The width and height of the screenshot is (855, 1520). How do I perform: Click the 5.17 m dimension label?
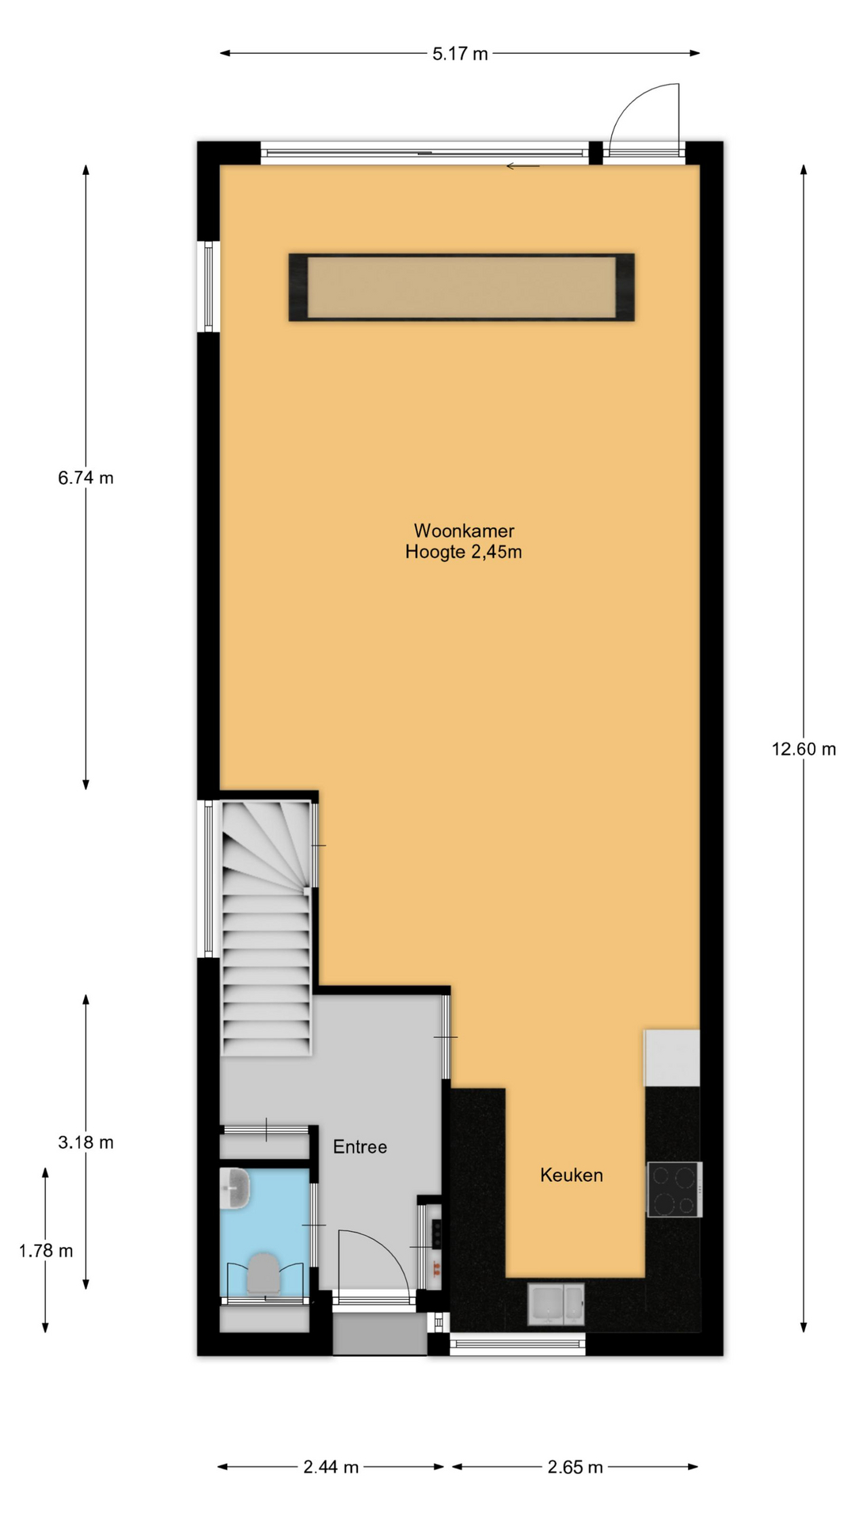click(x=460, y=54)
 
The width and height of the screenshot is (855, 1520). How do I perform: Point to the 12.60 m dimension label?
click(x=804, y=749)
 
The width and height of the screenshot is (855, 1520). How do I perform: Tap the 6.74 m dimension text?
click(x=85, y=477)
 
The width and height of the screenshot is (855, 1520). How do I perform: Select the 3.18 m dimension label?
click(x=85, y=1142)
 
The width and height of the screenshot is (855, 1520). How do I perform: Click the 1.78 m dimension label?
click(x=46, y=1250)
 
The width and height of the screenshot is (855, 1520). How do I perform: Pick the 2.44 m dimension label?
click(x=331, y=1467)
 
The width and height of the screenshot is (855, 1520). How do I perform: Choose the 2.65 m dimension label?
click(x=576, y=1467)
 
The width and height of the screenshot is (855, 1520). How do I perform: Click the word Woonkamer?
click(x=464, y=530)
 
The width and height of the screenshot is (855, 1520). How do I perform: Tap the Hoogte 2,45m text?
click(x=464, y=552)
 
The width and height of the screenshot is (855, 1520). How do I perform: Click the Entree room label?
click(x=360, y=1146)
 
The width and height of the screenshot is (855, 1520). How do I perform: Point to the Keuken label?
click(x=572, y=1175)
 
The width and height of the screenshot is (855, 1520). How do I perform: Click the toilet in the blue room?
click(x=264, y=1272)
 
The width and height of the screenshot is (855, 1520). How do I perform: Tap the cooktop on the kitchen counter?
click(x=674, y=1188)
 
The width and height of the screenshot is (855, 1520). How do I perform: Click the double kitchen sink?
click(x=557, y=1304)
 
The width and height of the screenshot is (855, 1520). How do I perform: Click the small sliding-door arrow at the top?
click(x=522, y=166)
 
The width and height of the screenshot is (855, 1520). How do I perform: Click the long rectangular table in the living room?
click(x=462, y=287)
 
